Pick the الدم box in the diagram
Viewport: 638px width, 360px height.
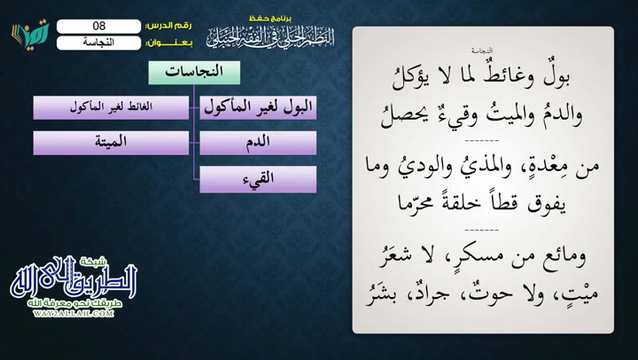click(x=258, y=143)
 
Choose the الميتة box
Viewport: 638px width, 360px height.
click(x=111, y=143)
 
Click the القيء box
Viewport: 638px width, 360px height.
click(x=258, y=178)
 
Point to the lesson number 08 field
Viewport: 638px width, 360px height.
click(x=98, y=26)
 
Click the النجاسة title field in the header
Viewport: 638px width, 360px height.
click(x=98, y=42)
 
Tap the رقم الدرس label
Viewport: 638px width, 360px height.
click(x=167, y=26)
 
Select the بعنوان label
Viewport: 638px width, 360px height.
click(x=167, y=42)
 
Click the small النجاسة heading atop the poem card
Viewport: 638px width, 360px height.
click(x=482, y=52)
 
